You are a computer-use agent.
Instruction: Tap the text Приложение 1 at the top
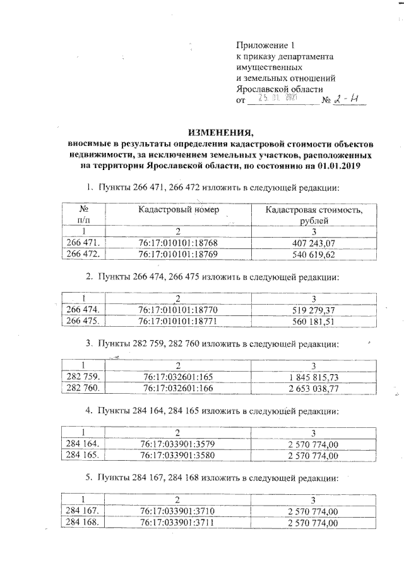tap(265, 46)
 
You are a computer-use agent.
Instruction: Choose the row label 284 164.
tap(85, 442)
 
